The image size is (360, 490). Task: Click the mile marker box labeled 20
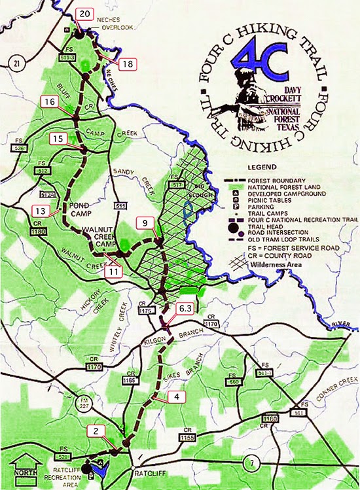[84, 13]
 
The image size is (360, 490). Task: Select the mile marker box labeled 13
[41, 211]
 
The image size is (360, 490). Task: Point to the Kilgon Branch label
[153, 332]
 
